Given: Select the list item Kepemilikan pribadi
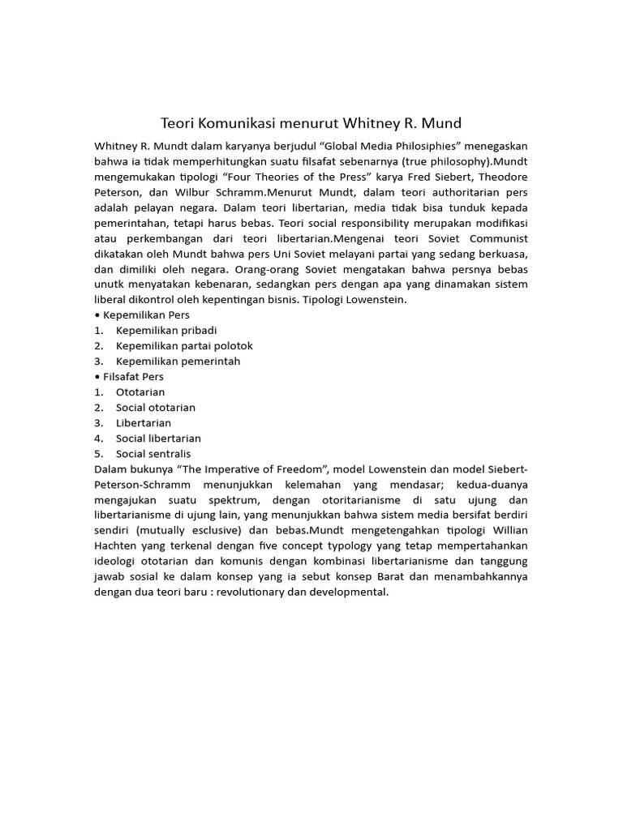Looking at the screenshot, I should click(x=166, y=331).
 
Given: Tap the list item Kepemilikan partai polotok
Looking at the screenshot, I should click(x=184, y=346).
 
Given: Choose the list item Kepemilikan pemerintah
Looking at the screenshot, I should click(x=178, y=362).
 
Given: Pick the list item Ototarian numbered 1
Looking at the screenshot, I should click(x=140, y=392).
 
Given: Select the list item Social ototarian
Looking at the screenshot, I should click(x=156, y=408).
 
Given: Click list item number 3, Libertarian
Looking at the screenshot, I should click(x=144, y=423).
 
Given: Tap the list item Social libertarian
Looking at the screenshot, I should click(x=159, y=439).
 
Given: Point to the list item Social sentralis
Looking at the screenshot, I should click(x=153, y=454).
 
